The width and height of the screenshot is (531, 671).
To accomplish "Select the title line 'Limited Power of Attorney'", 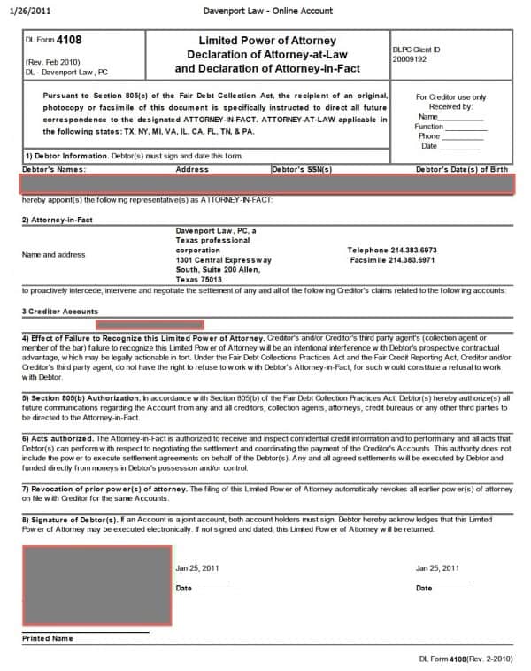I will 266,41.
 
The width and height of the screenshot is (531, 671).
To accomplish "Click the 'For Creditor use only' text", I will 450,97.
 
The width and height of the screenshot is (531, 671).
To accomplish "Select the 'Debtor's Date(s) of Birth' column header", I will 462,168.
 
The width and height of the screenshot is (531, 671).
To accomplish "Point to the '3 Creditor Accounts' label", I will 60,312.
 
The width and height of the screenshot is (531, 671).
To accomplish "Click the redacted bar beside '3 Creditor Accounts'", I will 156,325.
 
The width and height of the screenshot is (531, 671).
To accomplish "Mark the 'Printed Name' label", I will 48,637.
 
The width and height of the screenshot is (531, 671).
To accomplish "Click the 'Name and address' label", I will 53,255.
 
